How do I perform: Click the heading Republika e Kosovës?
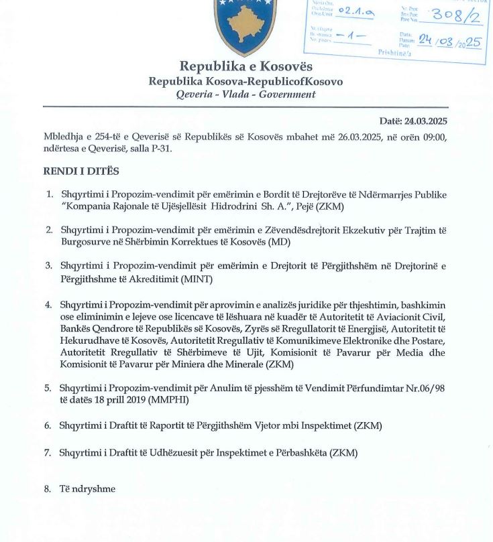(x=245, y=66)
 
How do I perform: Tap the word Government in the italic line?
(x=289, y=94)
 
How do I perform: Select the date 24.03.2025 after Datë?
(x=425, y=121)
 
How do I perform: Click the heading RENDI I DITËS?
(x=82, y=172)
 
